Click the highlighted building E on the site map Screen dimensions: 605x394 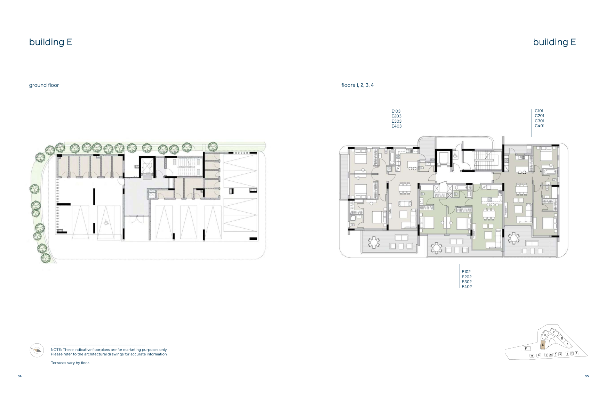pos(542,345)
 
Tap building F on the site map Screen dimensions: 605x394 pos(526,348)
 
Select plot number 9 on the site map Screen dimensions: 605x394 pos(532,356)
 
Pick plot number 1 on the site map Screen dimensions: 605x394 pos(576,353)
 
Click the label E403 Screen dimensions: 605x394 pos(397,126)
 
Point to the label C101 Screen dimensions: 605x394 pos(539,111)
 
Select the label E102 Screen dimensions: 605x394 pos(466,272)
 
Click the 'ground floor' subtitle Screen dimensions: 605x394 pos(44,85)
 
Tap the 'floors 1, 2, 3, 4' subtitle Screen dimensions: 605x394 pos(358,85)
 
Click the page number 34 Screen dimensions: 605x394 pos(20,376)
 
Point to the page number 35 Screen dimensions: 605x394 pos(587,376)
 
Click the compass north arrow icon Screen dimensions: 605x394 pos(37,350)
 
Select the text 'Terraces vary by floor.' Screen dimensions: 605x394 pos(70,363)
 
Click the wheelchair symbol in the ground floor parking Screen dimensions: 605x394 pos(105,221)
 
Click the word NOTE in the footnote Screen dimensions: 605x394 pos(56,350)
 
